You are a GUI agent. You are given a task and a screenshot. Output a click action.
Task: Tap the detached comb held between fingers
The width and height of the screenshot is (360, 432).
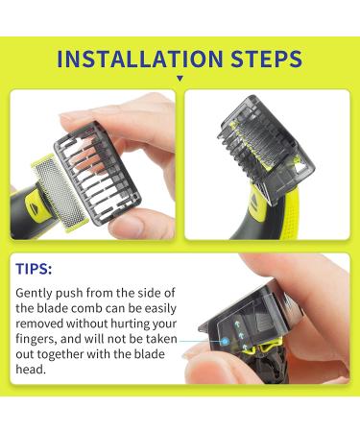tap(105, 158)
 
